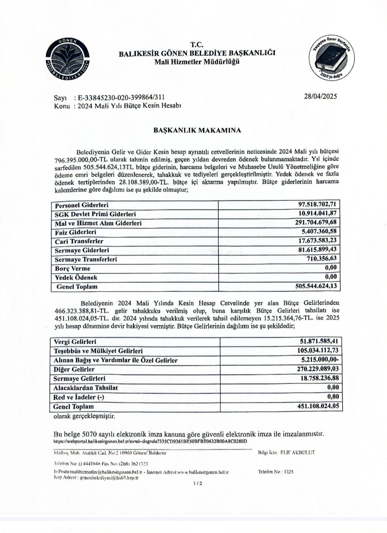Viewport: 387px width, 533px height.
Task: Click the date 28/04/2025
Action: click(320, 96)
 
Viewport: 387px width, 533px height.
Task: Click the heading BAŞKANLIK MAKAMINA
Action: click(197, 130)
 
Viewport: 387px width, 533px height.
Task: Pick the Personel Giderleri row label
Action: click(82, 205)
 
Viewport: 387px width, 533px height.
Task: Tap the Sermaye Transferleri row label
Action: click(86, 259)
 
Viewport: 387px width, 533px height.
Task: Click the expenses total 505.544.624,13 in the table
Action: click(314, 286)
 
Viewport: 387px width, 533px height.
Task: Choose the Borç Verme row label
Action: click(72, 268)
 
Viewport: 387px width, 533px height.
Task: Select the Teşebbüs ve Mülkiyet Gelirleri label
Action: click(98, 351)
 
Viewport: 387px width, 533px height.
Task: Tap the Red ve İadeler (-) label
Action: click(78, 397)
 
